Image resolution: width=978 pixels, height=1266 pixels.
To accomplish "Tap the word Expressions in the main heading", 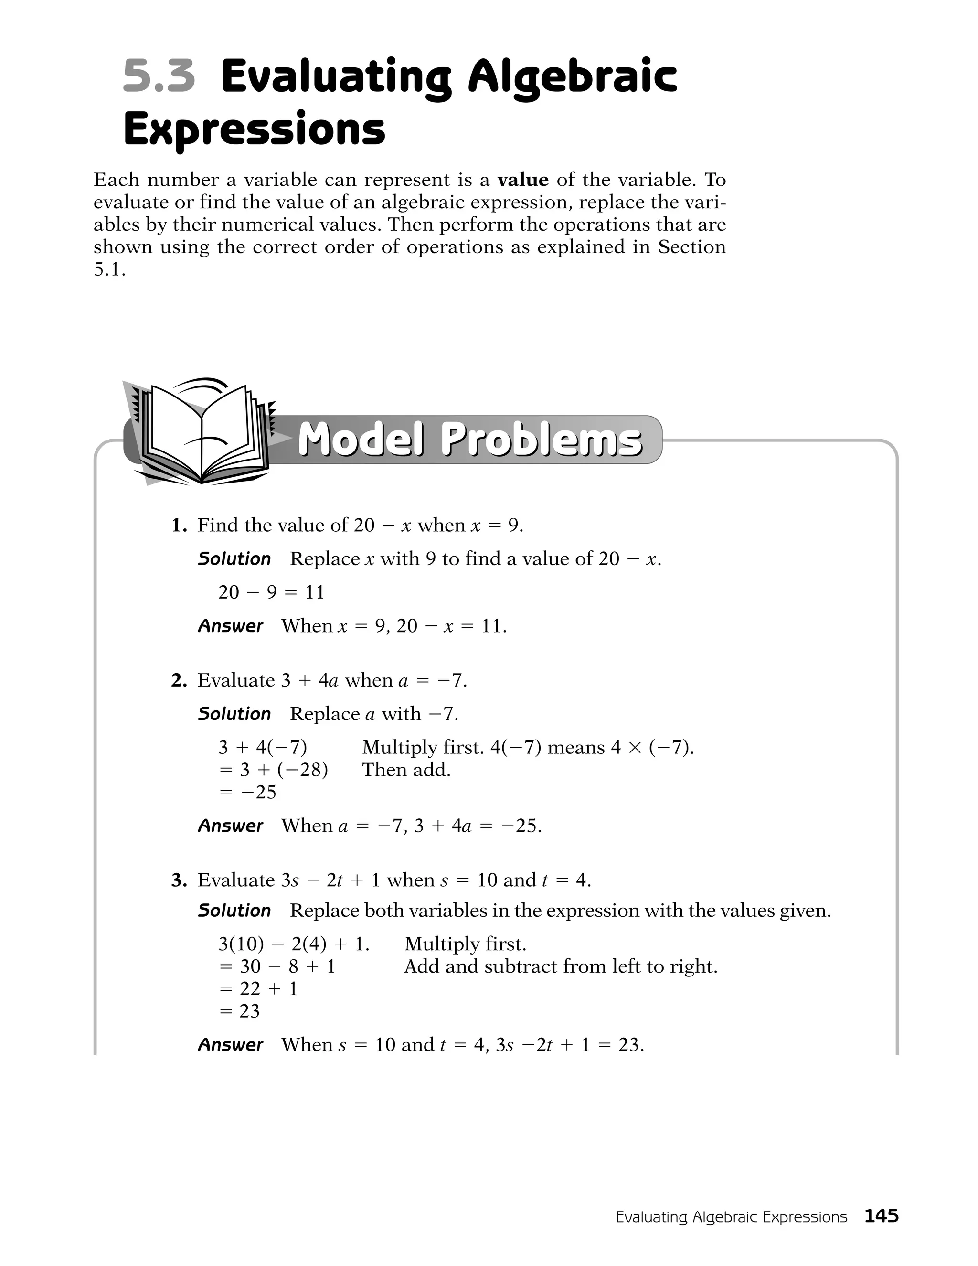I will tap(255, 130).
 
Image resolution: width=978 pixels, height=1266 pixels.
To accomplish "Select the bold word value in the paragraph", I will tap(522, 180).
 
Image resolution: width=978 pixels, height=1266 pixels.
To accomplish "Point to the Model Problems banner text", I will tap(470, 440).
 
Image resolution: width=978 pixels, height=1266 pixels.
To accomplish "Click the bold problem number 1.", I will tap(179, 525).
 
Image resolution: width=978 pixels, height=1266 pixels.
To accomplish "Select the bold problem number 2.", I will tap(179, 680).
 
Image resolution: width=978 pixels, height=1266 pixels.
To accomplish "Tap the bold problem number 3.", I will tap(179, 880).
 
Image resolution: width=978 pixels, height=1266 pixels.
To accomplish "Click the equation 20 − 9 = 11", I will tap(271, 592).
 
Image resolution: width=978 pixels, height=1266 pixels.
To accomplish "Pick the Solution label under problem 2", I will tap(234, 714).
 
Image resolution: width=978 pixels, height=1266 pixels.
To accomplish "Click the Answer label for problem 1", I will tap(230, 626).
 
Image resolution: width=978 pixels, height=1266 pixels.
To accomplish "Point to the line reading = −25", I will tap(248, 792).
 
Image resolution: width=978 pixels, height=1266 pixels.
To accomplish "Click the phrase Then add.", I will tap(406, 770).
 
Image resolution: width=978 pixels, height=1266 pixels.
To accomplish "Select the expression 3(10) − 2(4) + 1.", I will tap(294, 944).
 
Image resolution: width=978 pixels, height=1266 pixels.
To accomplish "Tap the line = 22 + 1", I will tap(258, 988).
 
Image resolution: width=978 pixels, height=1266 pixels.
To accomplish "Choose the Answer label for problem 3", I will tap(230, 1044).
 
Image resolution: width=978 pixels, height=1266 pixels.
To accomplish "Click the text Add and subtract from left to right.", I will tap(561, 966).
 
